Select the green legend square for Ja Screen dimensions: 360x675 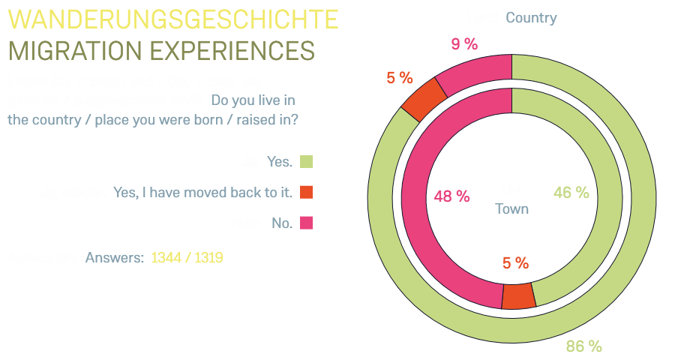pyautogui.click(x=306, y=161)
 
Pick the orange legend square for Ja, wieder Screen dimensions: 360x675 pyautogui.click(x=306, y=192)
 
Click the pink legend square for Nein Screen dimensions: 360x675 pyautogui.click(x=306, y=223)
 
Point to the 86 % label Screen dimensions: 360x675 pyautogui.click(x=584, y=346)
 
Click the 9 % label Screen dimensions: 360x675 pyautogui.click(x=464, y=44)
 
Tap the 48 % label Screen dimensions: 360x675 pyautogui.click(x=452, y=196)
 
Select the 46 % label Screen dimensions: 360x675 pyautogui.click(x=571, y=193)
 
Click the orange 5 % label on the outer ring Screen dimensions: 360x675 pyautogui.click(x=400, y=77)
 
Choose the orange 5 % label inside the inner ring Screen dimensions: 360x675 pyautogui.click(x=515, y=263)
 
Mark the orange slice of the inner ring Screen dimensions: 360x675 pyautogui.click(x=517, y=296)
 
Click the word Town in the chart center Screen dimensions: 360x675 pyautogui.click(x=512, y=208)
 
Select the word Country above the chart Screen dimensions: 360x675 pyautogui.click(x=531, y=18)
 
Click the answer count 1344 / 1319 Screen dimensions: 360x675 pyautogui.click(x=187, y=258)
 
